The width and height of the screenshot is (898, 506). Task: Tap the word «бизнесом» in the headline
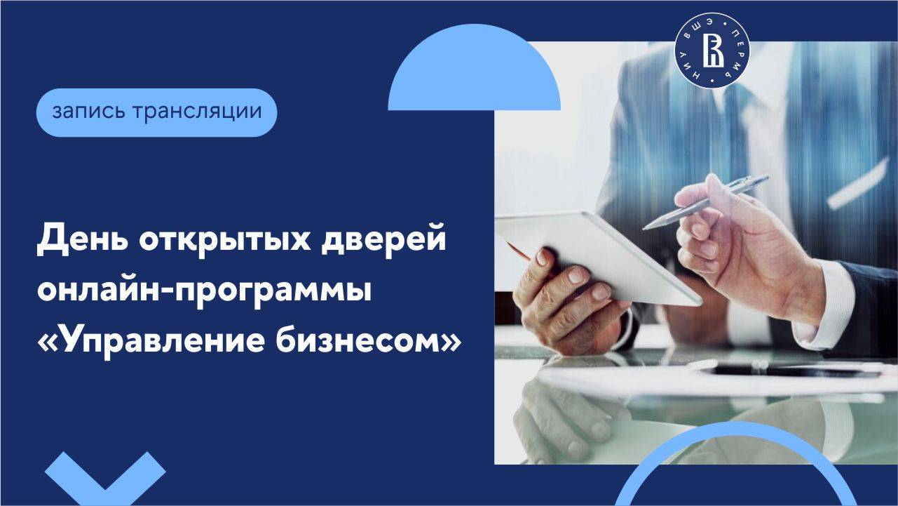(x=379, y=340)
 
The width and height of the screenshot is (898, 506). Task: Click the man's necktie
(x=736, y=119)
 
